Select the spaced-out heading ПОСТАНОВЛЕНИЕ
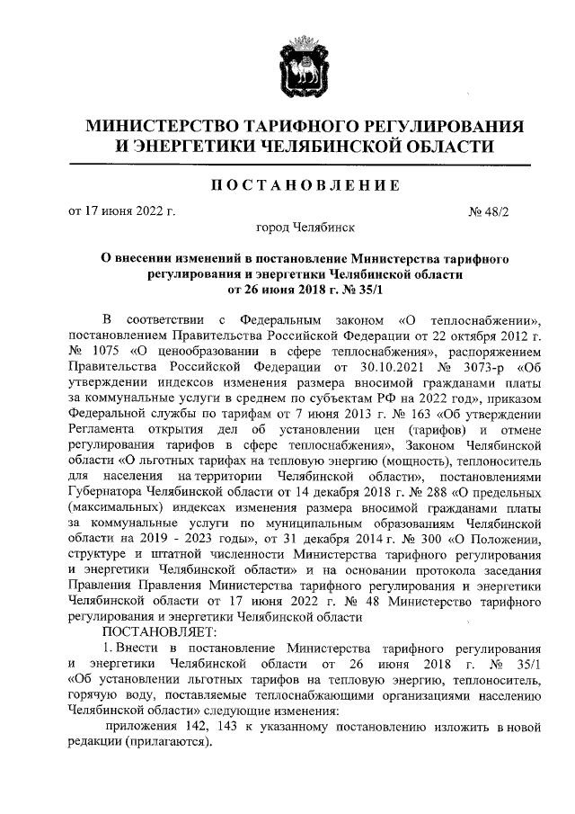305,185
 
